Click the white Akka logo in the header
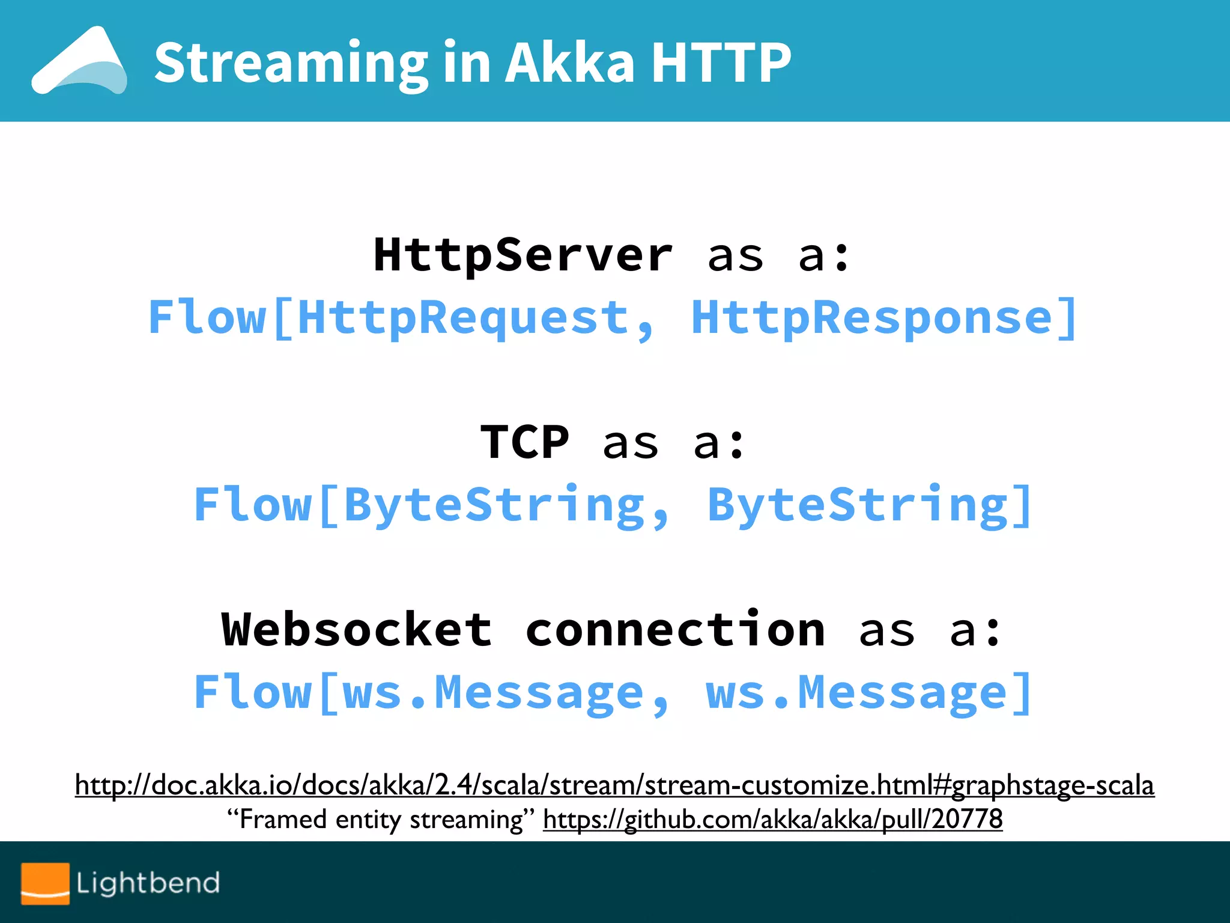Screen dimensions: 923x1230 pyautogui.click(x=80, y=62)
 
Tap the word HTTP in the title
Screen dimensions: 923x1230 pyautogui.click(x=721, y=62)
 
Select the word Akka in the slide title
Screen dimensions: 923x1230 pyautogui.click(x=569, y=62)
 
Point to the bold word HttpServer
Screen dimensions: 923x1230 pyautogui.click(x=523, y=255)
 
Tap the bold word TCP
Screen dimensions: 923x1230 pyautogui.click(x=524, y=443)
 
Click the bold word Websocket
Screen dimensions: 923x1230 pyautogui.click(x=357, y=630)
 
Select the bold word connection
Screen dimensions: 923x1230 pyautogui.click(x=675, y=630)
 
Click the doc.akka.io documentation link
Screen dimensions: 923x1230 pyautogui.click(x=614, y=785)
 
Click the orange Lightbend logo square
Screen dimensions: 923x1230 pyautogui.click(x=45, y=883)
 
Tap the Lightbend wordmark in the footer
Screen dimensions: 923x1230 pyautogui.click(x=148, y=883)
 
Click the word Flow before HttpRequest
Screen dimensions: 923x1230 pyautogui.click(x=207, y=317)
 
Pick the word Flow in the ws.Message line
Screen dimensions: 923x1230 pyautogui.click(x=253, y=692)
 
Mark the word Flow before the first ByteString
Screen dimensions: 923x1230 pyautogui.click(x=253, y=505)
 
